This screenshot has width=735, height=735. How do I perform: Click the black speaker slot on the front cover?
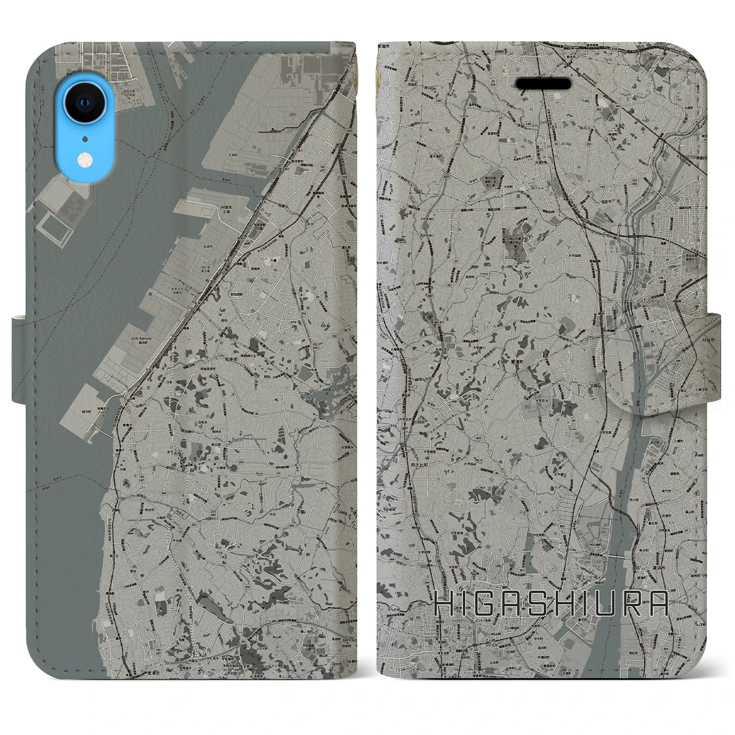click(x=543, y=84)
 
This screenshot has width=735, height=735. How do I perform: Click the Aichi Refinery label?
click(x=141, y=339)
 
